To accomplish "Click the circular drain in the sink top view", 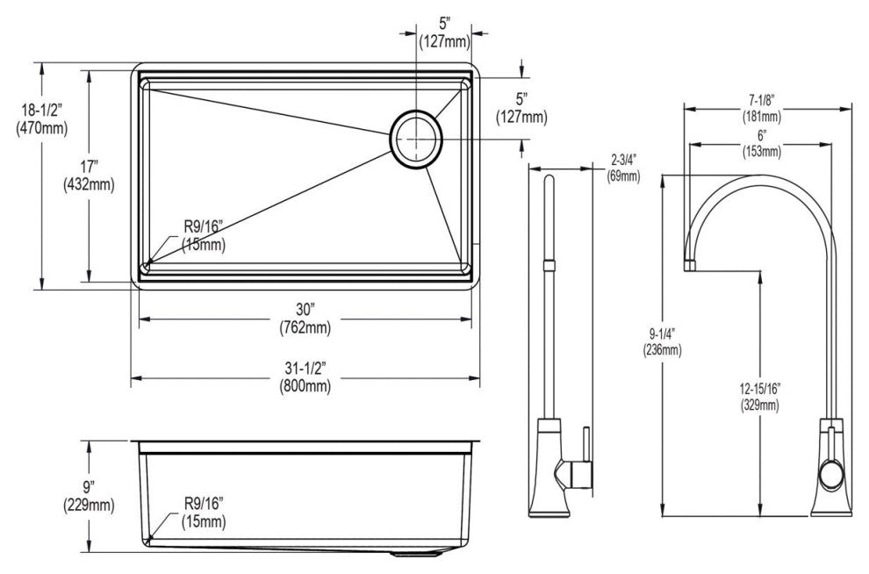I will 418,137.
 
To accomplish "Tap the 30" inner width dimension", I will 305,308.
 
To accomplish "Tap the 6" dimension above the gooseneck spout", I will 759,135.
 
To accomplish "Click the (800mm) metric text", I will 305,385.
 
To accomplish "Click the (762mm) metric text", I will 305,326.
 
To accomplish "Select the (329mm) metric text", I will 759,405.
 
